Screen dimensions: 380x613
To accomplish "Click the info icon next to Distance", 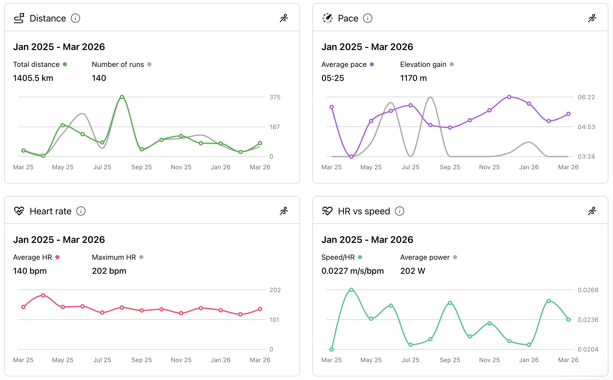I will click(x=75, y=18).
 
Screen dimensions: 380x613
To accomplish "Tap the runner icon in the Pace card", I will click(x=592, y=18).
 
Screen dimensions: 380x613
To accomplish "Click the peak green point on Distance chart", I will click(x=122, y=97).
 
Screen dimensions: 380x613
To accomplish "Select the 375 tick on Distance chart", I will click(x=275, y=97).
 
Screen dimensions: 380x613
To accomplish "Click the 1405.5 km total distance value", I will click(x=33, y=78).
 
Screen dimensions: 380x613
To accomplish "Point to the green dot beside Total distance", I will click(x=65, y=64).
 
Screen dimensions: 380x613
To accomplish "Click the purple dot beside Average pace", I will click(x=372, y=64).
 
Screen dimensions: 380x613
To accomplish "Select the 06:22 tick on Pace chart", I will click(x=586, y=97).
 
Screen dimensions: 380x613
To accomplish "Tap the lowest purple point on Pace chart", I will click(x=351, y=157).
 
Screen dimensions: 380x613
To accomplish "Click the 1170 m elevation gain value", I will click(x=413, y=78).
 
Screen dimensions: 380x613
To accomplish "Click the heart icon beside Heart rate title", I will click(x=19, y=211).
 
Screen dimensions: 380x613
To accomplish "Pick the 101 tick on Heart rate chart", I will click(x=274, y=320).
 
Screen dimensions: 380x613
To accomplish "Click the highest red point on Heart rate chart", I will click(x=43, y=295).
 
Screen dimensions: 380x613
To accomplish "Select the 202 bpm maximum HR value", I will click(x=109, y=271).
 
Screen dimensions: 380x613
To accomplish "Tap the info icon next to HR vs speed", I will click(x=399, y=211).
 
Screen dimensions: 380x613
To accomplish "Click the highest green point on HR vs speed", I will click(x=351, y=290).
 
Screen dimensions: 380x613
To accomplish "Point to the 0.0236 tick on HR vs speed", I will click(x=588, y=320).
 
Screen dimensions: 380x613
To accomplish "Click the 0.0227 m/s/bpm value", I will click(x=352, y=271).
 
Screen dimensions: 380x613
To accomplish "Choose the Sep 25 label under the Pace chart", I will click(x=450, y=167).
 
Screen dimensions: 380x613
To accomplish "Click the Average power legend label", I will click(x=425, y=257).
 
